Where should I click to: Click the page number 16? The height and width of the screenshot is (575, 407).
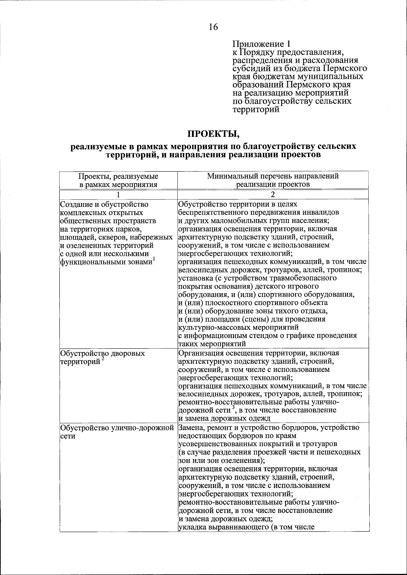(x=213, y=27)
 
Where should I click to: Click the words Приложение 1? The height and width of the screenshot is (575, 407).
(x=261, y=44)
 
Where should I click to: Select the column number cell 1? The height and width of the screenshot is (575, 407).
(x=118, y=195)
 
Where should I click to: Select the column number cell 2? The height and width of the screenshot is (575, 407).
(x=273, y=195)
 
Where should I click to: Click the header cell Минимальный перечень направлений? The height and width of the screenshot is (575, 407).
(x=273, y=176)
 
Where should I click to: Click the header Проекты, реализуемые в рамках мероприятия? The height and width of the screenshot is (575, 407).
(x=118, y=180)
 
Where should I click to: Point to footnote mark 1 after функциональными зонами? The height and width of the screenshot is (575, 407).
(x=154, y=259)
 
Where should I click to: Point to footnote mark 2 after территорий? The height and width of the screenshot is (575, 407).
(x=103, y=360)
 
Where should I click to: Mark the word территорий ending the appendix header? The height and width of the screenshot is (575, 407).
(x=256, y=109)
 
